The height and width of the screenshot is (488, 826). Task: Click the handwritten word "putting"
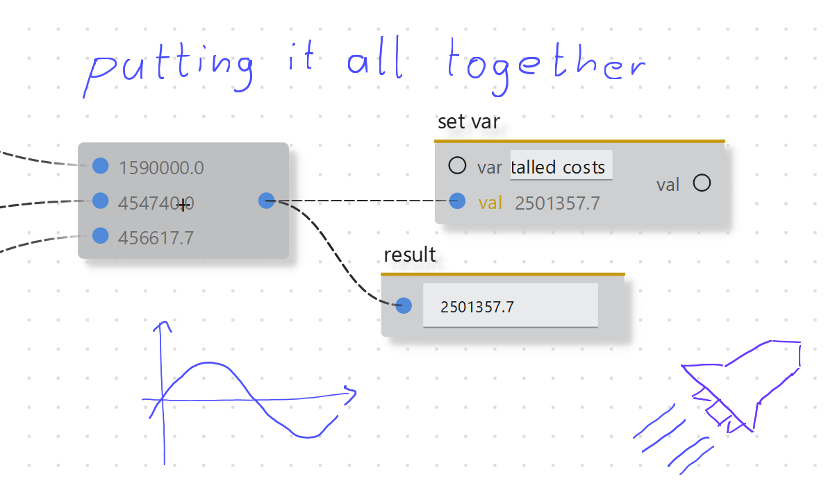click(171, 68)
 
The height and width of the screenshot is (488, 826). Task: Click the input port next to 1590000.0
click(101, 166)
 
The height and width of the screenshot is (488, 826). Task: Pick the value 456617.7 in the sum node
click(156, 238)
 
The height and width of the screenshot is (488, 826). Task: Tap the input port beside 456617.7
click(100, 234)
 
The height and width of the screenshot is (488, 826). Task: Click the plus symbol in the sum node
click(183, 205)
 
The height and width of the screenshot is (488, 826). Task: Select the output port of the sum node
click(267, 201)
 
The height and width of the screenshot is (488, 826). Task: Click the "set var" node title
click(469, 122)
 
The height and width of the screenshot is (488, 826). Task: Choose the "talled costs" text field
click(561, 167)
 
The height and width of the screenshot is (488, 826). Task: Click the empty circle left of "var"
click(457, 166)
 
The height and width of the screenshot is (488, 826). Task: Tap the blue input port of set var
click(457, 201)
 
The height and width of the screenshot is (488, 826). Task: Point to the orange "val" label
click(490, 203)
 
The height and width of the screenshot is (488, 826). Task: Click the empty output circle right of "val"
click(702, 183)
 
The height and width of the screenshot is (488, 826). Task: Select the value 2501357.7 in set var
click(557, 203)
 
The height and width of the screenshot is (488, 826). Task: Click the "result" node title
click(410, 255)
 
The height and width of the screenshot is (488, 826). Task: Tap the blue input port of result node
click(404, 305)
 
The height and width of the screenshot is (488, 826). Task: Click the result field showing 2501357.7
click(511, 306)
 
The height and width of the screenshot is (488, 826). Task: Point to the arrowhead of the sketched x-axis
click(352, 394)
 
